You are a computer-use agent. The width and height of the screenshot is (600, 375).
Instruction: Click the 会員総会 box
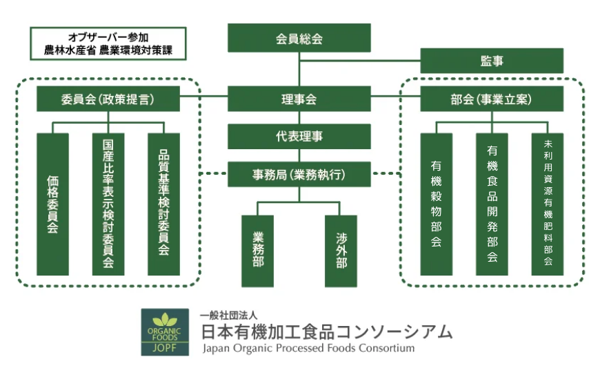(299, 38)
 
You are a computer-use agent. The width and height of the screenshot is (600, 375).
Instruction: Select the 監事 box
(492, 61)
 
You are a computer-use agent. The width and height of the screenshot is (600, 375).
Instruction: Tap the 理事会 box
(299, 99)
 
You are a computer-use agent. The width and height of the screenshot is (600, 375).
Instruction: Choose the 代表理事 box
(299, 136)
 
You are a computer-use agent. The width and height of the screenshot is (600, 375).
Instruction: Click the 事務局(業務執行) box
(299, 174)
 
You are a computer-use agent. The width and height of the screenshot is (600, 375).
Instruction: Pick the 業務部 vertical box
(257, 251)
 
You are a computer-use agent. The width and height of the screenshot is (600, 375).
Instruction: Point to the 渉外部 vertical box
(341, 251)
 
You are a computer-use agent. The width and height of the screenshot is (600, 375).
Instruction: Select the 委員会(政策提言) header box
(108, 99)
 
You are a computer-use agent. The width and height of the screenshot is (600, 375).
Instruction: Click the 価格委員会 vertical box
(53, 204)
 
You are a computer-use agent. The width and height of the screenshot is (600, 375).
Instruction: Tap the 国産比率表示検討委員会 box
(108, 204)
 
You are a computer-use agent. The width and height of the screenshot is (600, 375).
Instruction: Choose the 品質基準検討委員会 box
(163, 204)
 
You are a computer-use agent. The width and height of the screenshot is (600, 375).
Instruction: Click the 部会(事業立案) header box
(492, 99)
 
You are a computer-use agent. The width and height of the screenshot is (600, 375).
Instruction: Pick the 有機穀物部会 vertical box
(437, 204)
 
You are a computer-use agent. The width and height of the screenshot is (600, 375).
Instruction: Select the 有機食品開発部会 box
(492, 204)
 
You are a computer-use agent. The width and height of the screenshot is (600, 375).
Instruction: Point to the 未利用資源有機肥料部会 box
(548, 204)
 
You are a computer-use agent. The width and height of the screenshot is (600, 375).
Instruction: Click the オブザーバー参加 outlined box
(108, 44)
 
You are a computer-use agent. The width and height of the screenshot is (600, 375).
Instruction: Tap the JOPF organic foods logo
(165, 332)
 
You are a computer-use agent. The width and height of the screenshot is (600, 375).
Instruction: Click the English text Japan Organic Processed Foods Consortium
(308, 348)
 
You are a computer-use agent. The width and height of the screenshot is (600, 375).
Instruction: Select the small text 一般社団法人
(228, 315)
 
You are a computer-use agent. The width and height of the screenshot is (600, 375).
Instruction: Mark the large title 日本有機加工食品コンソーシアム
(327, 331)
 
